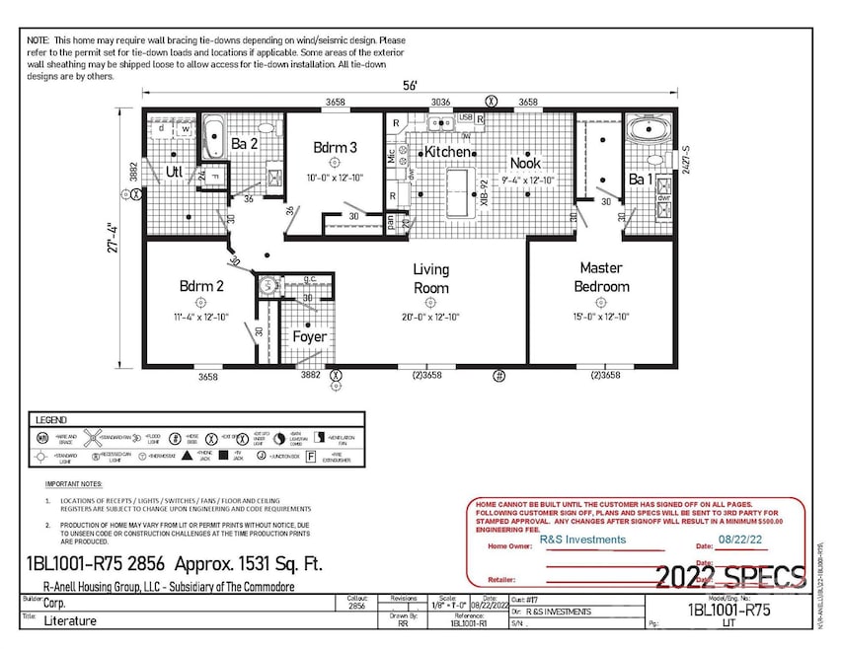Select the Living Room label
click(430, 279)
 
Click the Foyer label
click(309, 336)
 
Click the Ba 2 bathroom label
click(245, 145)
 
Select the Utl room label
click(175, 172)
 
